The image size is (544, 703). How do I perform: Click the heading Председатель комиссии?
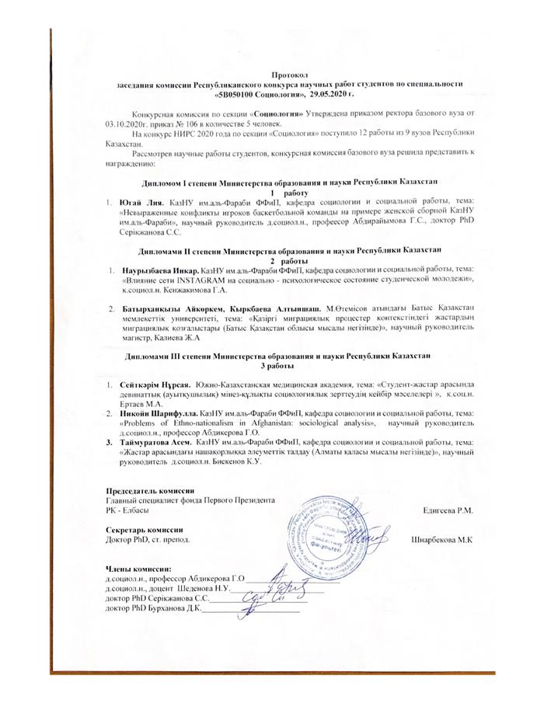coord(147,492)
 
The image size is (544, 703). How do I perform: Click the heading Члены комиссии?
coord(136,571)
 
